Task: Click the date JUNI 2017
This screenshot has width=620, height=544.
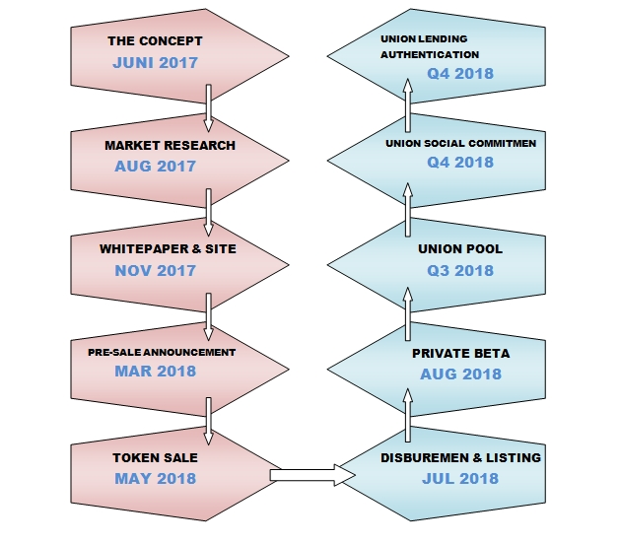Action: tap(155, 62)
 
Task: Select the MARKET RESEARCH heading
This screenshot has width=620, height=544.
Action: tap(170, 145)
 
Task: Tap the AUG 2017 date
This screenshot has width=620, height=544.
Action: tap(155, 166)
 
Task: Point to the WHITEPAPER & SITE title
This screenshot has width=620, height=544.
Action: tap(168, 248)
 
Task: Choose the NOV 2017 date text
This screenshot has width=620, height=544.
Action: tap(155, 270)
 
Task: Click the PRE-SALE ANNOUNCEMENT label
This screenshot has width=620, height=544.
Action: tap(169, 352)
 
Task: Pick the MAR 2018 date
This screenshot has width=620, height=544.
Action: tap(155, 372)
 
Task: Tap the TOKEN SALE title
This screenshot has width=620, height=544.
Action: tap(155, 457)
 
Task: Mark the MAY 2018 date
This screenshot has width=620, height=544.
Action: tap(155, 479)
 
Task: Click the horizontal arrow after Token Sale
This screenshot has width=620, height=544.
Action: tap(311, 476)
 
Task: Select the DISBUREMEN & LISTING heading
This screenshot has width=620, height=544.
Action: tap(460, 457)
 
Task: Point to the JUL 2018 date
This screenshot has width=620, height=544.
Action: tap(460, 479)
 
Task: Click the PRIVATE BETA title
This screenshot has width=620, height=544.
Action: tap(460, 352)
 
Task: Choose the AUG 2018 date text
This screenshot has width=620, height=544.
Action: tap(460, 374)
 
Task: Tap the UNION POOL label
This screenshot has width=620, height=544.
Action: tap(460, 248)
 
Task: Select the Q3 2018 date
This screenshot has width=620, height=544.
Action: tap(460, 270)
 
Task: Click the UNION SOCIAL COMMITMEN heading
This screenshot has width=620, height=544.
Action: tap(460, 143)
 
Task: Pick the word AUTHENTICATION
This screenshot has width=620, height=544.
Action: tap(430, 55)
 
